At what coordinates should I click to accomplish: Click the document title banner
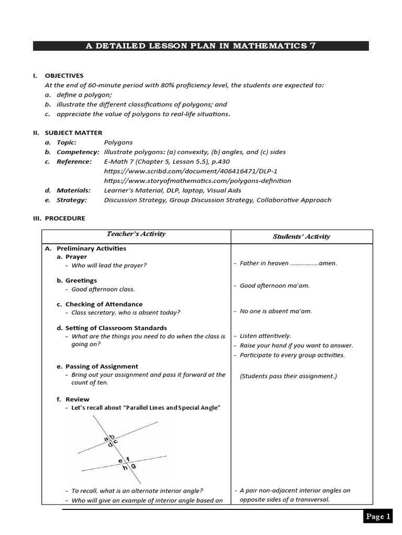(x=200, y=46)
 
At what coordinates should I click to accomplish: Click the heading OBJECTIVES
(x=64, y=76)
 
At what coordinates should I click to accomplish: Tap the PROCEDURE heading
(x=65, y=218)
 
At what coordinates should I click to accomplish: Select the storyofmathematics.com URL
(x=197, y=181)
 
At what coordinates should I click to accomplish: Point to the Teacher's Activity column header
(x=136, y=234)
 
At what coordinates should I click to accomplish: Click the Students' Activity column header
(x=301, y=237)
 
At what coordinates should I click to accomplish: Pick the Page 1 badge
(x=378, y=517)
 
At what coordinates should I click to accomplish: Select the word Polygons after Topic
(x=118, y=142)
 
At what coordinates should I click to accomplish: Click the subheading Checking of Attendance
(x=104, y=304)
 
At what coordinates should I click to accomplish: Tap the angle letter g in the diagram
(x=133, y=465)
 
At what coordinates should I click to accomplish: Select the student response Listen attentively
(x=265, y=336)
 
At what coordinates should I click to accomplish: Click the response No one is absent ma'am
(x=275, y=311)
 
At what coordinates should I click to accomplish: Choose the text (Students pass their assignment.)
(x=288, y=376)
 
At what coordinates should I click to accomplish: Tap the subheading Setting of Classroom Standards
(x=116, y=328)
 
